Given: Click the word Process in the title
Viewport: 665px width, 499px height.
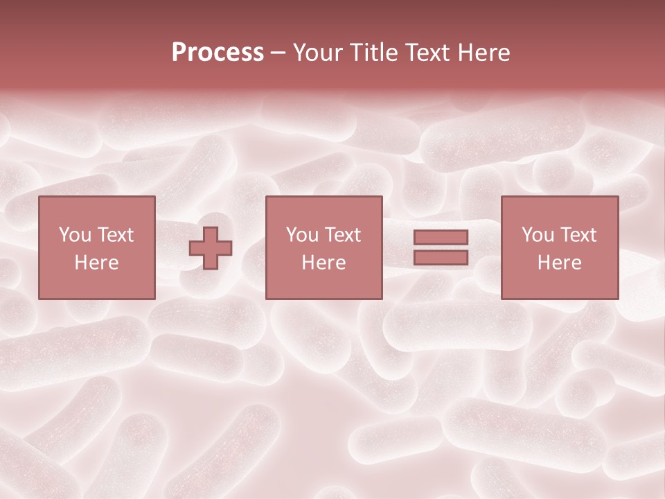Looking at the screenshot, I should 218,53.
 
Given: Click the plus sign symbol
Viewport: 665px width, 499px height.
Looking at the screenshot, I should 211,248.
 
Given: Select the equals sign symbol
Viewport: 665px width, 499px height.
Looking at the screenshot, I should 441,247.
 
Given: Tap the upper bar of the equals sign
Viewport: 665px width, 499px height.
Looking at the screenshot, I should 441,238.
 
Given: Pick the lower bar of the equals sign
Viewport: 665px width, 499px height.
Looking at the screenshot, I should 441,257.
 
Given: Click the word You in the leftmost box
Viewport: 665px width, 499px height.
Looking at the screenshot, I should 74,235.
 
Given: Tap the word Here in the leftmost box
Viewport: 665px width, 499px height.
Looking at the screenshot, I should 96,263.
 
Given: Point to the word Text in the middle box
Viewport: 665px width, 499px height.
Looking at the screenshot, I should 343,235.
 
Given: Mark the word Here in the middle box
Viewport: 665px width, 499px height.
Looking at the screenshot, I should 323,263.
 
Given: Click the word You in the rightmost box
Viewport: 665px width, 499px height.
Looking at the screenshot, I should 537,235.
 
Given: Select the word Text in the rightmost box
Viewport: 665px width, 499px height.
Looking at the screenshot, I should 578,235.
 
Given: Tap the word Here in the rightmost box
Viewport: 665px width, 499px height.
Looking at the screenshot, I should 559,263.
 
